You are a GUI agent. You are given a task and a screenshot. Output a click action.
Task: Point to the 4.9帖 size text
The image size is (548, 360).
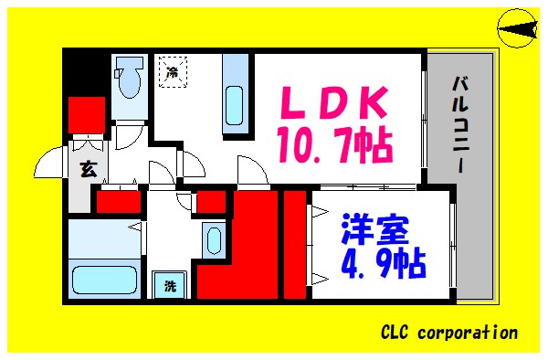click(x=369, y=263)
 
